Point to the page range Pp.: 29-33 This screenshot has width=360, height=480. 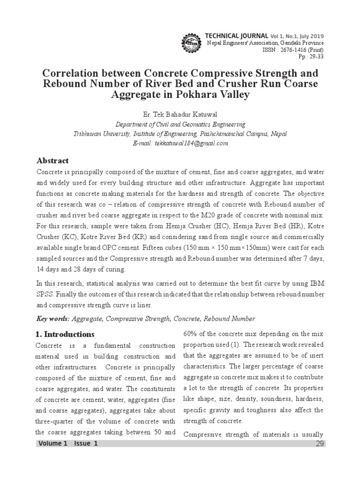[311, 57]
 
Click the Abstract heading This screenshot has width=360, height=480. [52, 160]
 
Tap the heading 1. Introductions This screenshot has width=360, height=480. [65, 334]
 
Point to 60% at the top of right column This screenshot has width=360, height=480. [190, 334]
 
